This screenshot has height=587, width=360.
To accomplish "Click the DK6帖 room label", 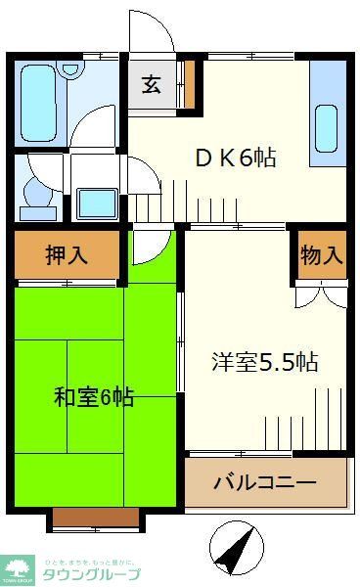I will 236,158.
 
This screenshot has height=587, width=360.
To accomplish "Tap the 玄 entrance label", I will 152,84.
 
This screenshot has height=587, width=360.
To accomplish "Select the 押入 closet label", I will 67,256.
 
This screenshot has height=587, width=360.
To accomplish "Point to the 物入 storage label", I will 322,256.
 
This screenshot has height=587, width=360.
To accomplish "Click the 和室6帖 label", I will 94,397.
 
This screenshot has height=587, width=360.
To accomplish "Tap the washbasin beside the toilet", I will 96,203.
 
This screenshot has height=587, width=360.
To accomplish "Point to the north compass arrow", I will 236,549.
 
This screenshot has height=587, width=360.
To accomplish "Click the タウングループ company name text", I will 91,575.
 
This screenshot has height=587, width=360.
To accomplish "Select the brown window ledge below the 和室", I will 95,519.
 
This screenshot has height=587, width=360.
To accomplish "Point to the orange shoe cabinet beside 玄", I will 191,85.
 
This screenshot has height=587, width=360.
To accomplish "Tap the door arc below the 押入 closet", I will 150,246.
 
